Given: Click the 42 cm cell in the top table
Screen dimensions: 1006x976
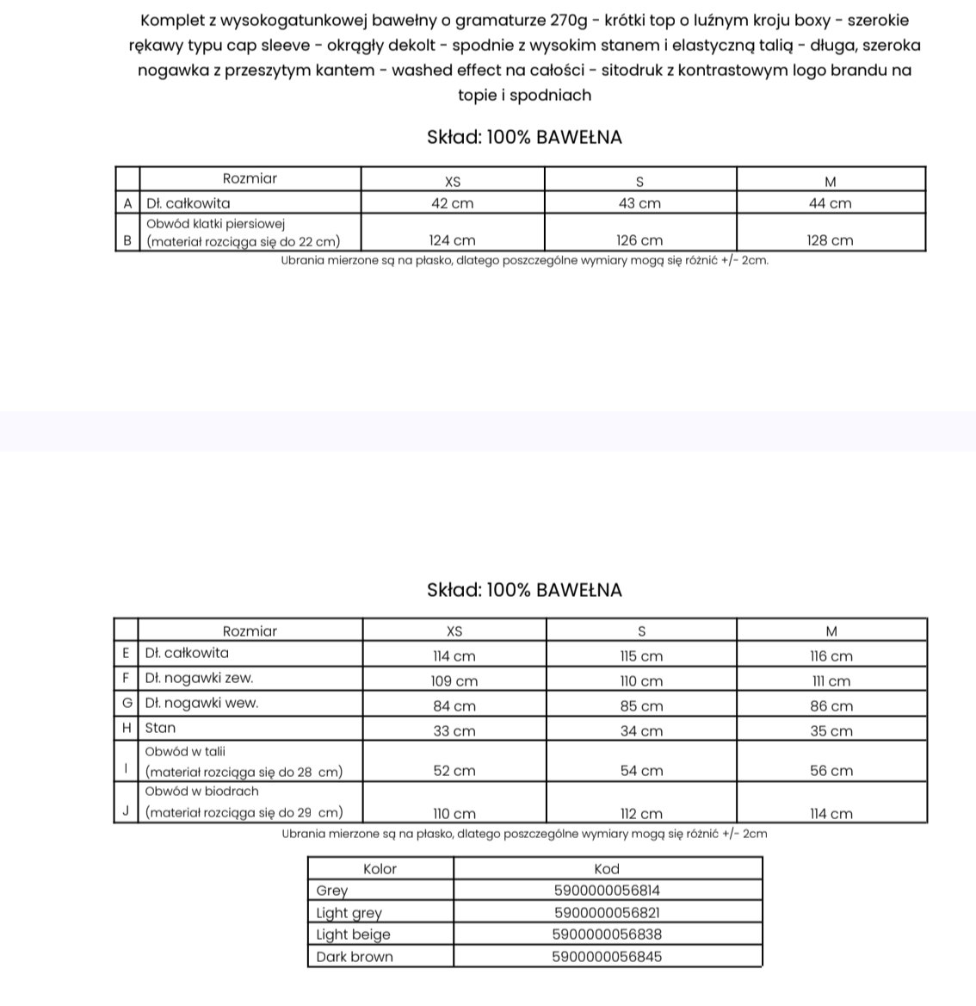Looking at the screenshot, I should (x=452, y=204).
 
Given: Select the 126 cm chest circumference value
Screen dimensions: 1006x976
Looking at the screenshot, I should (x=639, y=241).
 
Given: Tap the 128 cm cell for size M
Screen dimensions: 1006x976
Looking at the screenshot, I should (x=830, y=241).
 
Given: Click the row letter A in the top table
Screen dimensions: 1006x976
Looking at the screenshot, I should (x=127, y=204).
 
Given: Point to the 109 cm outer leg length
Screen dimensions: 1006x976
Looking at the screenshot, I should (x=454, y=681).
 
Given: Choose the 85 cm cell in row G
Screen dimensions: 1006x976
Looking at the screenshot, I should (x=641, y=706).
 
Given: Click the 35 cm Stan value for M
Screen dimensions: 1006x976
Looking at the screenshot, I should (x=831, y=731).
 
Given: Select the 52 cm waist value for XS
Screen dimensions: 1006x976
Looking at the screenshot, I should (x=454, y=771).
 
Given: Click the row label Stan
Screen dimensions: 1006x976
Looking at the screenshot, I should (x=160, y=728).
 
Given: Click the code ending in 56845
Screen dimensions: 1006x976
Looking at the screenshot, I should (x=607, y=957).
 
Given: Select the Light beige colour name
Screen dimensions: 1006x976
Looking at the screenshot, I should (x=353, y=935).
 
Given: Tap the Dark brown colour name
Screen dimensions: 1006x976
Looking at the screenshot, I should (x=354, y=957).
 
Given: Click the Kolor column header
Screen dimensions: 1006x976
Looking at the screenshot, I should (x=380, y=869).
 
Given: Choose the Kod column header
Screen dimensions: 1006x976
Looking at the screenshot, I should (x=607, y=869).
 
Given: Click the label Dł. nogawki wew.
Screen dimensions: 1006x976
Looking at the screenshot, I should (x=201, y=703).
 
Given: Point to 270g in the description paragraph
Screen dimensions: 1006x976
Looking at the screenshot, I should (x=568, y=21).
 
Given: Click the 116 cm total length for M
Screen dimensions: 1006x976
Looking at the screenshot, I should (x=831, y=656).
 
